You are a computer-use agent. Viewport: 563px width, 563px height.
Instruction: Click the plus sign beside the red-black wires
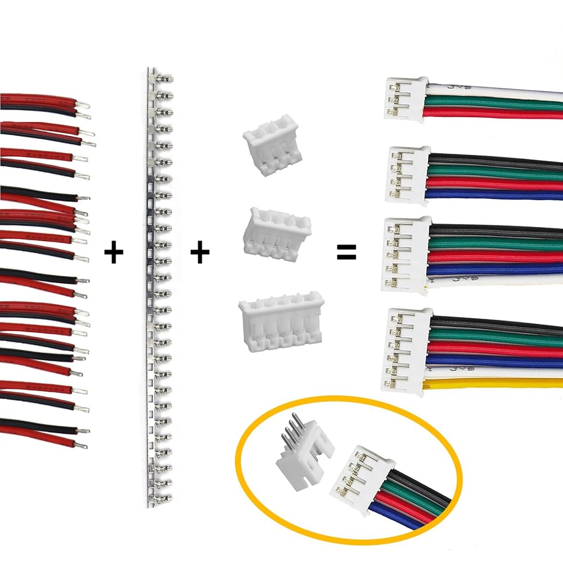(x=114, y=253)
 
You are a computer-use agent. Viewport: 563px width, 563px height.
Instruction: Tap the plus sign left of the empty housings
(x=199, y=253)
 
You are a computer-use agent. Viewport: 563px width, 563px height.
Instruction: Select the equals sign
(x=346, y=253)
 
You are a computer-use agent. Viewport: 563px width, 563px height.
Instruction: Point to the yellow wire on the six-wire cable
(x=495, y=384)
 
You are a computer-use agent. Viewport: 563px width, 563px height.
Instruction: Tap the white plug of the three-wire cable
(x=404, y=100)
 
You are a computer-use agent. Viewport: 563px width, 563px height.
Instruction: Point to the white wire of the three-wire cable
(x=495, y=91)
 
